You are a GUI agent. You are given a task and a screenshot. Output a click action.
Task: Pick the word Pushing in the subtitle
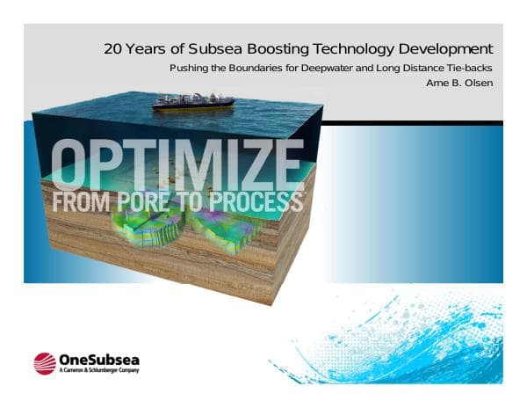tap(188, 69)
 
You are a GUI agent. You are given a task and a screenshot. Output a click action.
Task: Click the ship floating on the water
tap(192, 101)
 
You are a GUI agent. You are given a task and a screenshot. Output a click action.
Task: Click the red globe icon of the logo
tap(44, 363)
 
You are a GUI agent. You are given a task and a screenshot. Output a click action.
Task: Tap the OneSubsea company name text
tap(98, 359)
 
